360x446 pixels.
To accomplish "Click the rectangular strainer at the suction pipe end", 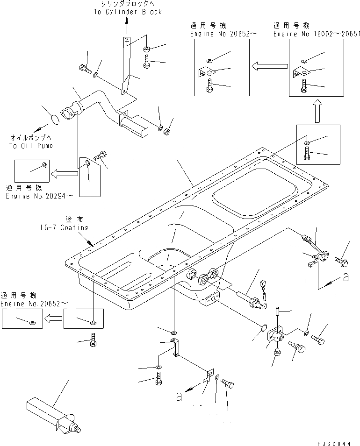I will pos(135,126).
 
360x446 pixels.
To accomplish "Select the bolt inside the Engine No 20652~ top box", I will pos(209,85).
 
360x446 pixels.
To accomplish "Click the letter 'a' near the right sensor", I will pos(346,277).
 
